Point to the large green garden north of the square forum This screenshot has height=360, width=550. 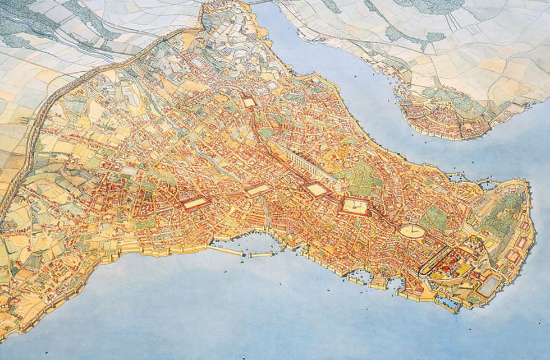(362, 177)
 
